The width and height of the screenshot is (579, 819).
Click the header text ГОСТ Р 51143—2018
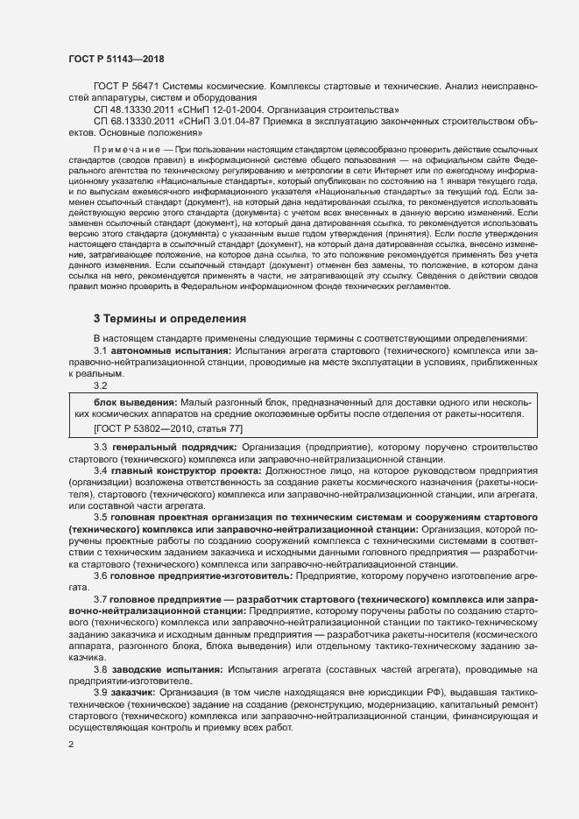click(116, 59)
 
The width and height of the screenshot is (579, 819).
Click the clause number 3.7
click(101, 598)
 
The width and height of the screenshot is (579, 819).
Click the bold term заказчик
click(135, 691)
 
